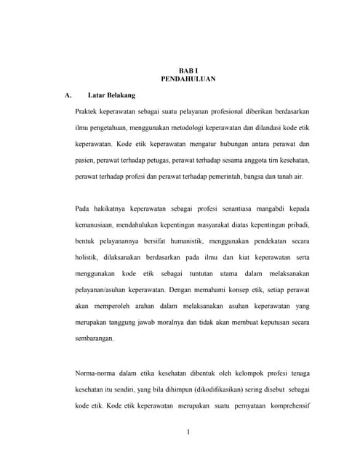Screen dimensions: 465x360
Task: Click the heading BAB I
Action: [188, 69]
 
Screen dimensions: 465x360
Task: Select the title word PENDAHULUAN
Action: [188, 78]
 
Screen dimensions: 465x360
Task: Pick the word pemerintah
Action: [222, 177]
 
